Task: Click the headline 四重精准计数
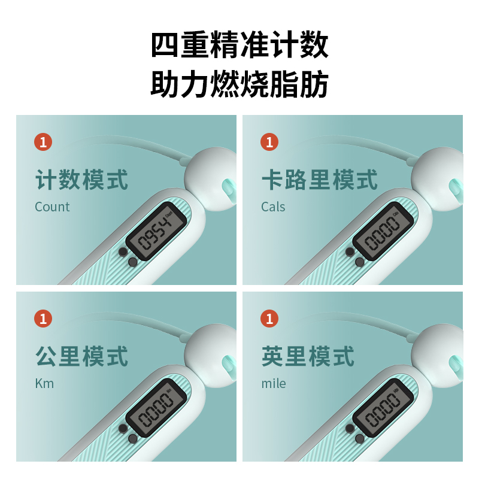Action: (239, 45)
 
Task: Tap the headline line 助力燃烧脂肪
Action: (239, 84)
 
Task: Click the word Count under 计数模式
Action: (52, 207)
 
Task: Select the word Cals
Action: (273, 207)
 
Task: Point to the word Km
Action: (44, 383)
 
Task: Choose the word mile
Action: (274, 383)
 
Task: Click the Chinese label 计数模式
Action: (81, 180)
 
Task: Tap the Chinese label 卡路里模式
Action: (320, 180)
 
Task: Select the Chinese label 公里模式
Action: (81, 356)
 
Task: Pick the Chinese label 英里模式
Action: (308, 356)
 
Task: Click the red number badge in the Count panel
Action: (43, 142)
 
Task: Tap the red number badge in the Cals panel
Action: (269, 142)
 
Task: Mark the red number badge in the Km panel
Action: (43, 319)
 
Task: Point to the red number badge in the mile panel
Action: (269, 319)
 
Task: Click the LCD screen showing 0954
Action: (156, 231)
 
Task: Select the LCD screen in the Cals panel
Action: (383, 231)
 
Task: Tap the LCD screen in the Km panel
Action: (156, 408)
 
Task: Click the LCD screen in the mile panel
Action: (383, 408)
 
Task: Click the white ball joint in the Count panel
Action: (211, 179)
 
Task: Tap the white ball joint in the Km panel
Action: (211, 356)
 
